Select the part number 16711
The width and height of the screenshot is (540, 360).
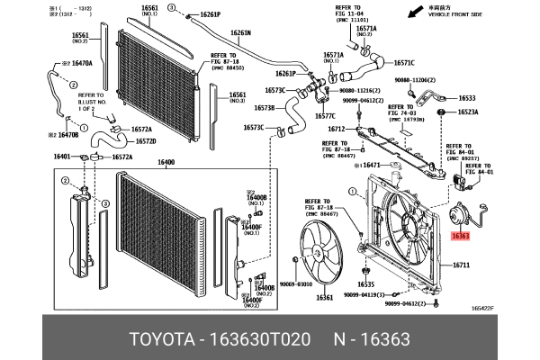(x=462, y=265)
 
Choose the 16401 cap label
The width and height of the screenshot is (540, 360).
(x=62, y=157)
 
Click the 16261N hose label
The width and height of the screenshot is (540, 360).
(x=240, y=32)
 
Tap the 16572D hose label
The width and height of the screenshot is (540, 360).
(x=146, y=141)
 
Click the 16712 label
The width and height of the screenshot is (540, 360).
(x=336, y=129)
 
